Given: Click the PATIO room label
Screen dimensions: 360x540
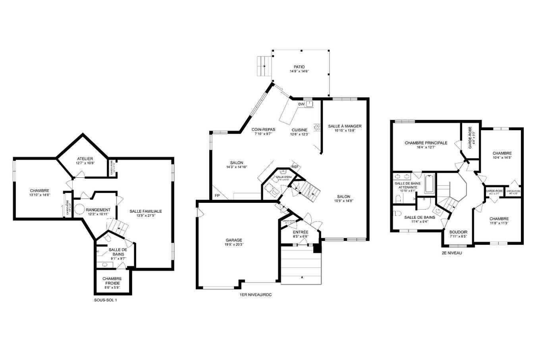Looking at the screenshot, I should click(x=299, y=67).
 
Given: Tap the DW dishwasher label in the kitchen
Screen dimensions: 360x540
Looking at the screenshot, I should click(x=301, y=104).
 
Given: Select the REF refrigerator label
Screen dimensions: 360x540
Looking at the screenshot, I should click(x=295, y=167).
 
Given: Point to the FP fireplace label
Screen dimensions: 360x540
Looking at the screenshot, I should click(x=217, y=196).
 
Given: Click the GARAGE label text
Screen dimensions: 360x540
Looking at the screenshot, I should click(x=234, y=240).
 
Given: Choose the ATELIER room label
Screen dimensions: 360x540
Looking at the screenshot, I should click(x=85, y=159).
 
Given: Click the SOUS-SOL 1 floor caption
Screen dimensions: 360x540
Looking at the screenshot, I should click(x=106, y=300).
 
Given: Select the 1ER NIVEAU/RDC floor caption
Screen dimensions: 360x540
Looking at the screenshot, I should click(x=256, y=295).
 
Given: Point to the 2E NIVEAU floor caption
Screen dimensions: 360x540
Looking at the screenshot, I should click(x=452, y=252).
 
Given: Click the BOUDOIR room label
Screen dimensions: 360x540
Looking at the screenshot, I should click(x=458, y=232).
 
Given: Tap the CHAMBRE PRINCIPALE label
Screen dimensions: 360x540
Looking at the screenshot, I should click(x=426, y=143).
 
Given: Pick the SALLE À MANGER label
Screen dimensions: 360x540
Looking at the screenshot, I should click(x=345, y=126).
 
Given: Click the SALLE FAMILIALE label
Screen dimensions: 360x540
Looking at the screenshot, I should click(x=146, y=211).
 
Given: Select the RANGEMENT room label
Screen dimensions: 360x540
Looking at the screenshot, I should click(x=98, y=210).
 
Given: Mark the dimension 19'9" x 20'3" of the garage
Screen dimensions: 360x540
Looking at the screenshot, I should click(x=234, y=244).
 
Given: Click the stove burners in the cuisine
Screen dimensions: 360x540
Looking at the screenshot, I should click(x=317, y=127).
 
